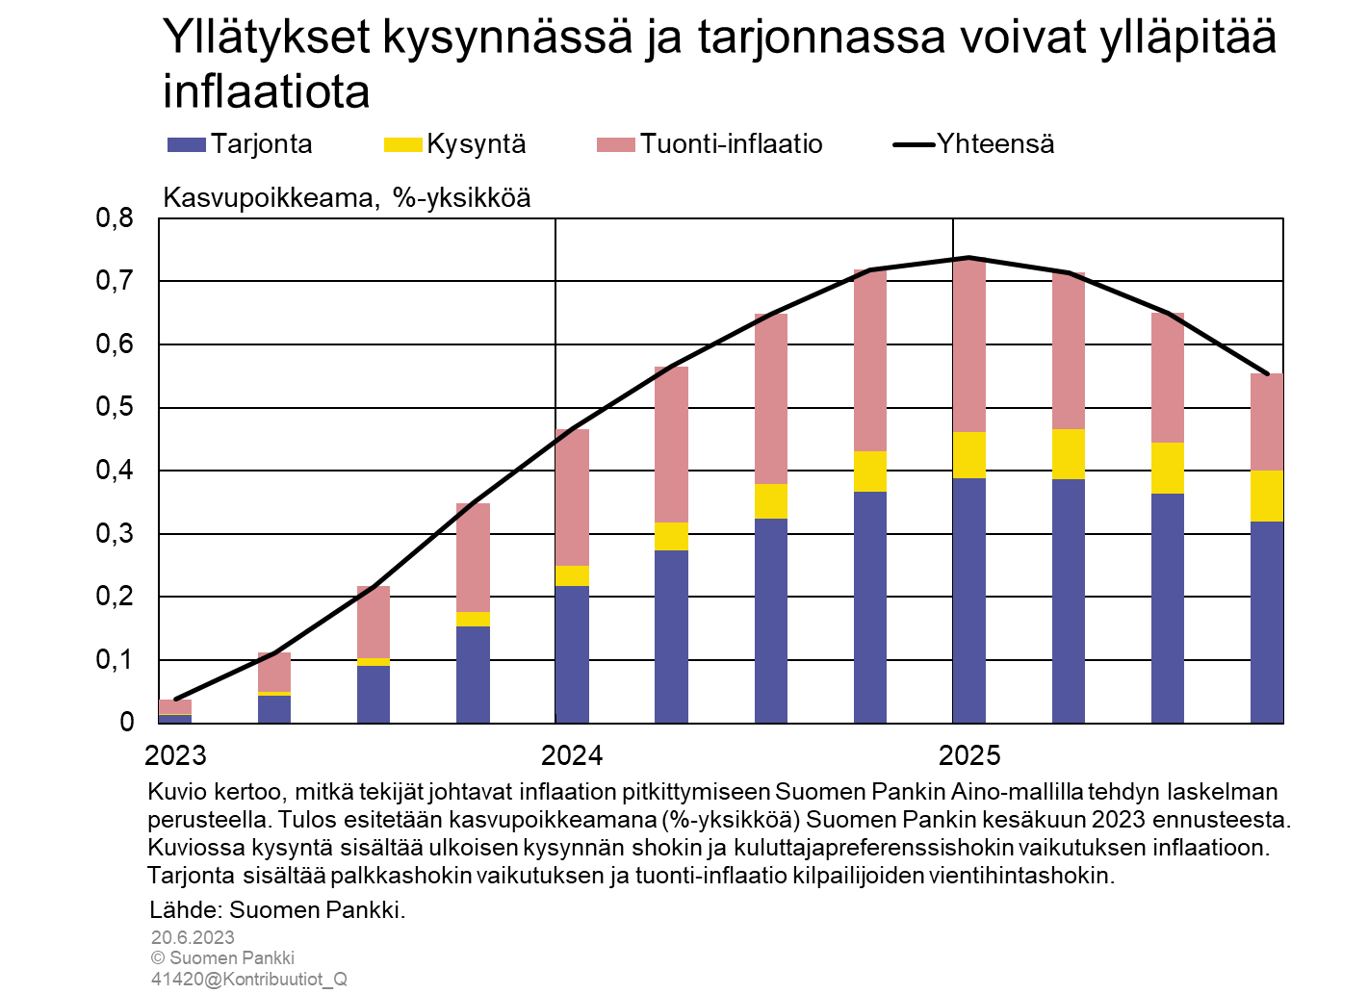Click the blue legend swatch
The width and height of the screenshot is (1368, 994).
point(187,144)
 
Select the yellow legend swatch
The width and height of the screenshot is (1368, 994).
point(402,144)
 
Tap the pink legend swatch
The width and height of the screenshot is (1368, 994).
point(616,144)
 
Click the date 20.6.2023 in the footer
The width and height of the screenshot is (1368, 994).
point(193,937)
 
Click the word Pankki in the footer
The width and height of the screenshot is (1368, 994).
point(272,958)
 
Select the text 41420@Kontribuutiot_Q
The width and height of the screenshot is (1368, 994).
point(248,980)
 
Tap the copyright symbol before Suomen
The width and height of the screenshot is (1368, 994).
point(158,958)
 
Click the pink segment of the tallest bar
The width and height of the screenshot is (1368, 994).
point(969,346)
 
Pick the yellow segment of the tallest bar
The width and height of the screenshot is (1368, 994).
point(969,455)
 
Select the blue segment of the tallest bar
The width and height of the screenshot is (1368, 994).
point(969,600)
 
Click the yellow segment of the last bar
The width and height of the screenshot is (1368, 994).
point(1267,496)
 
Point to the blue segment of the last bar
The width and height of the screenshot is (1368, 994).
point(1267,622)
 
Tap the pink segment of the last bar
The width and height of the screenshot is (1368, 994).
point(1267,422)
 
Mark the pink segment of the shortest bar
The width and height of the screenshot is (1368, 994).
point(175,707)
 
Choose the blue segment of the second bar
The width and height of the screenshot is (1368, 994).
point(274,709)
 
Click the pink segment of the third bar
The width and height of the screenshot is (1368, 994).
point(374,624)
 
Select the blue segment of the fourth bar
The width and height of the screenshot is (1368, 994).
point(473,674)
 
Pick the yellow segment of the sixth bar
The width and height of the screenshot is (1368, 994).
point(671,536)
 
